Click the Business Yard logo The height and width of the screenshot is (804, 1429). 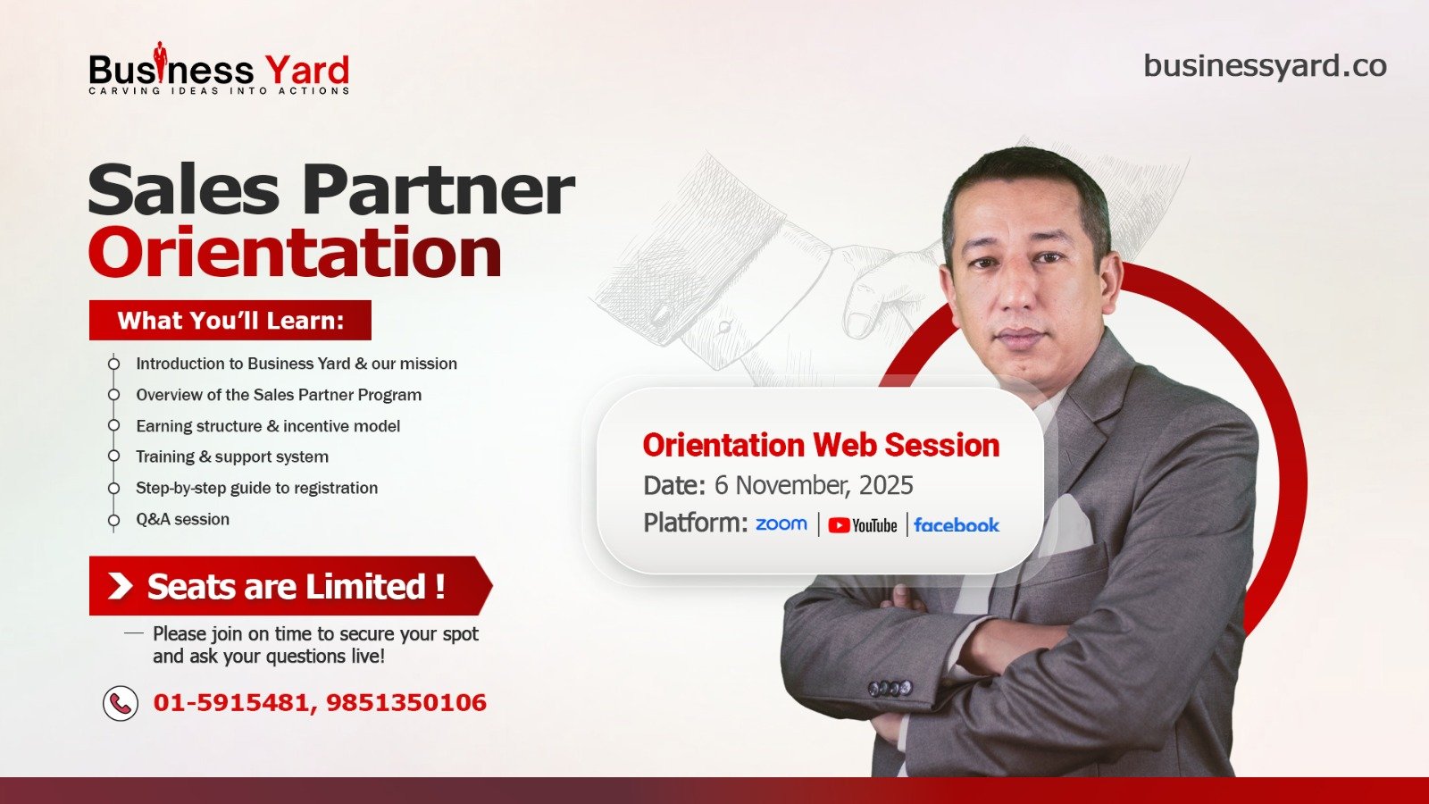(x=219, y=68)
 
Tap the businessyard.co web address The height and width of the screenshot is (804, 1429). (x=1265, y=67)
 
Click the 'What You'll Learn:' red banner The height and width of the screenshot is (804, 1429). (x=230, y=321)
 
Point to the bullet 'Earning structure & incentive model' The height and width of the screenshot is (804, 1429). (x=268, y=425)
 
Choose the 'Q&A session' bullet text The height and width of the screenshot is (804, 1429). (x=182, y=519)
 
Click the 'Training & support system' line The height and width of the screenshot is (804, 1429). (x=232, y=456)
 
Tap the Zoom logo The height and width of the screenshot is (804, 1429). (x=781, y=523)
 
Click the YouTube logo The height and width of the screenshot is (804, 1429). (x=863, y=525)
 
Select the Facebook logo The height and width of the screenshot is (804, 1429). (x=957, y=525)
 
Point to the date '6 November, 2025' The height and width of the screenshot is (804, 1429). (x=814, y=486)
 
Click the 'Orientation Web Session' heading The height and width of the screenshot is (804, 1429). (x=821, y=445)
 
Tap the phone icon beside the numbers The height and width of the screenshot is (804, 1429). (x=121, y=703)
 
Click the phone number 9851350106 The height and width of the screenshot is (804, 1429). (x=406, y=702)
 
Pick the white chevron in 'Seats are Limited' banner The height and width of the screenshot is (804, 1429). (x=120, y=586)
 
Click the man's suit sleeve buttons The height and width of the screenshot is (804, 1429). (x=890, y=689)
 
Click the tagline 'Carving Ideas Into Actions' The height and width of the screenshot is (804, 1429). (x=219, y=90)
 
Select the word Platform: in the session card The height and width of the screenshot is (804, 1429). (x=696, y=523)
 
